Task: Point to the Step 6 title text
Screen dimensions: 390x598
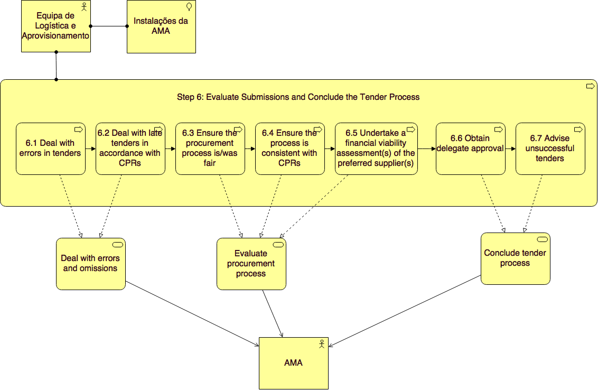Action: pos(298,97)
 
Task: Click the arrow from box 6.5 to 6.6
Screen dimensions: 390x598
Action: pos(426,149)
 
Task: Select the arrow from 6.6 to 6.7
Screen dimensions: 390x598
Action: pos(510,149)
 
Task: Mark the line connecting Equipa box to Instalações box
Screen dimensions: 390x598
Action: pos(109,26)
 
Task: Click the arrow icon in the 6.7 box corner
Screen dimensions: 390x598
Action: pos(578,129)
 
